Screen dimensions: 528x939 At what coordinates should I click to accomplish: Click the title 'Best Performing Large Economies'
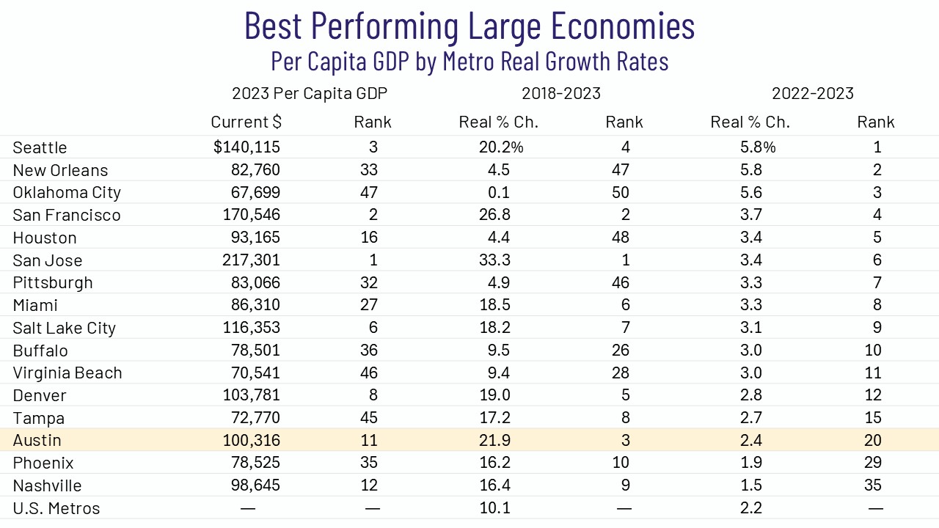469,26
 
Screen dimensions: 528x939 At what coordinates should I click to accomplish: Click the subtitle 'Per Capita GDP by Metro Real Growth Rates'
469,61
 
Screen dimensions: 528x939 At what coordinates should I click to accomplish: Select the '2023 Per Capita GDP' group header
310,93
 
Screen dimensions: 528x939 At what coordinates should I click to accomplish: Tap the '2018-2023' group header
561,93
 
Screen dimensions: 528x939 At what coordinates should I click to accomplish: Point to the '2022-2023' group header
813,93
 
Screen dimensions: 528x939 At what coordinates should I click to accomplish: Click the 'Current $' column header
246,122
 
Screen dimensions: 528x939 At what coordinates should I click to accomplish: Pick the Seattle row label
40,147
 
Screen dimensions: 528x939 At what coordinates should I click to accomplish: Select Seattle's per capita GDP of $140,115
247,147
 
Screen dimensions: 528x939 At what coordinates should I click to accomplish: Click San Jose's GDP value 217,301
252,260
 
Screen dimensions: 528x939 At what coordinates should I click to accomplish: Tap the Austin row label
37,441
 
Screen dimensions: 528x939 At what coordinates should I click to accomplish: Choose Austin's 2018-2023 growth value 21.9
494,441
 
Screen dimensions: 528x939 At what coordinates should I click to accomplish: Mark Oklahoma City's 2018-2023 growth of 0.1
498,193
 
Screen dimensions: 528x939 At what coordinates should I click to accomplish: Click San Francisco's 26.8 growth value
494,216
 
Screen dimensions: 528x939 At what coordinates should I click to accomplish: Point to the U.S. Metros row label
56,508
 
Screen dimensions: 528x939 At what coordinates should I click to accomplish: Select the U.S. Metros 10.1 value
494,508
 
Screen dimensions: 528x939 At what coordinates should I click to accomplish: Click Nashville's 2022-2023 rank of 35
873,485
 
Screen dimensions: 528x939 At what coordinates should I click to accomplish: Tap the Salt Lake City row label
65,328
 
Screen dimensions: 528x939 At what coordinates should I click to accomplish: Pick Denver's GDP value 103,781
252,395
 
